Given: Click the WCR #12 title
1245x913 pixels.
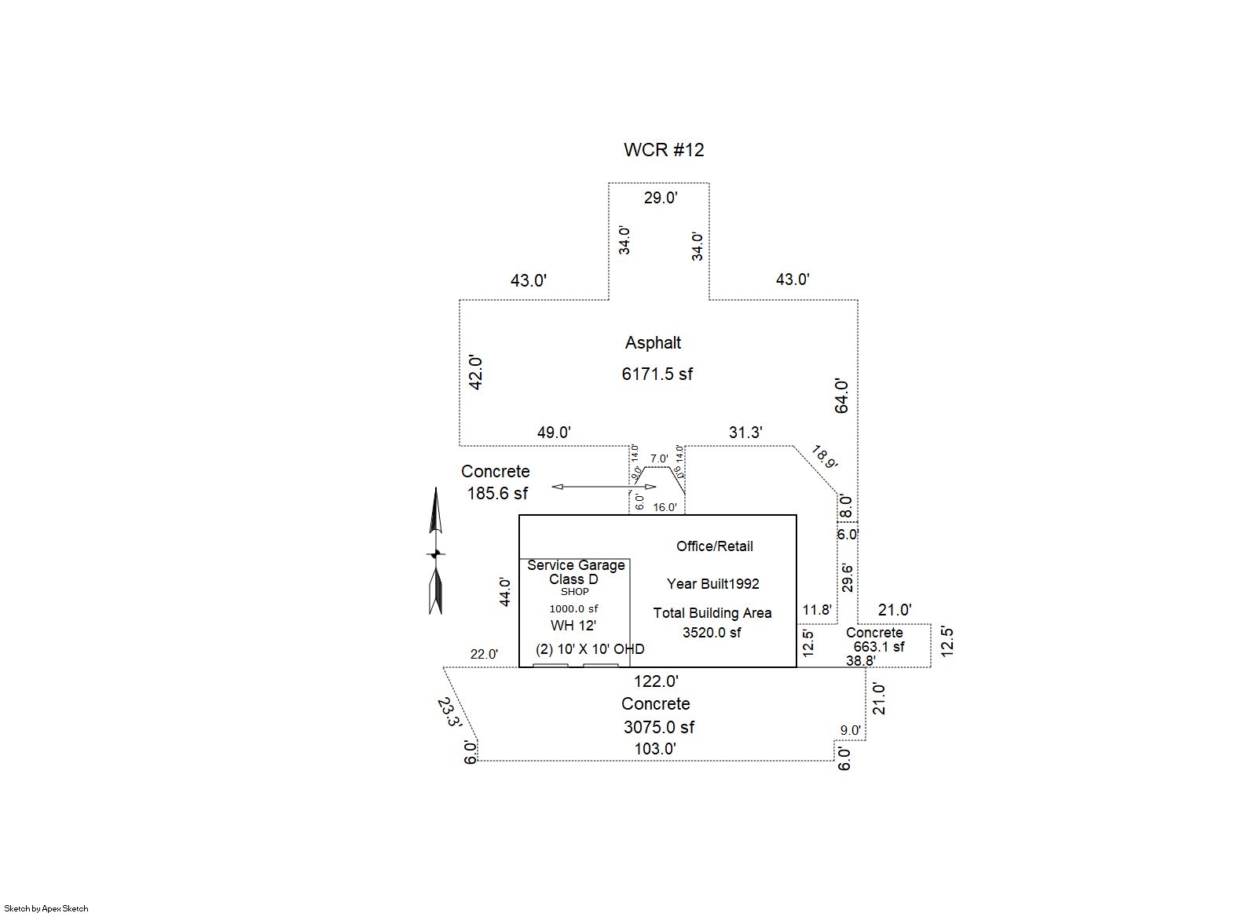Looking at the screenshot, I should [x=664, y=150].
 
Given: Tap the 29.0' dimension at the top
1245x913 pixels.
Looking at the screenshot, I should [x=661, y=198].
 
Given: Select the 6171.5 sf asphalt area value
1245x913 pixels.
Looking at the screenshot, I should [x=657, y=374].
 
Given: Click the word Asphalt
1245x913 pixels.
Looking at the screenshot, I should [x=653, y=343].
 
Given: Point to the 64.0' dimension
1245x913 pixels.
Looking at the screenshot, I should [x=841, y=396].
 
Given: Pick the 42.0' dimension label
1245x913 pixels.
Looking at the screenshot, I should [x=475, y=373].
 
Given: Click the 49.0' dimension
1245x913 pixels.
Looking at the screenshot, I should [x=554, y=433].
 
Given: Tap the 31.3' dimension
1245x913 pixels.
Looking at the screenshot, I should [x=745, y=433].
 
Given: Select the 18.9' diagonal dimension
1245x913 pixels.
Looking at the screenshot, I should [x=824, y=457].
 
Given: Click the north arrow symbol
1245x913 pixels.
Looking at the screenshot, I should [x=436, y=551].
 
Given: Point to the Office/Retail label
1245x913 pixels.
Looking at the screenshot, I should [x=714, y=546].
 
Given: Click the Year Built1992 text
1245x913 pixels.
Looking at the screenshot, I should [x=712, y=584].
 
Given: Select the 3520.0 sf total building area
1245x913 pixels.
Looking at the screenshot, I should [x=712, y=633].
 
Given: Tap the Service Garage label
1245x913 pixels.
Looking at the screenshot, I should [x=576, y=565].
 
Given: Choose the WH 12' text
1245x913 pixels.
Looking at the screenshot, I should [x=573, y=626].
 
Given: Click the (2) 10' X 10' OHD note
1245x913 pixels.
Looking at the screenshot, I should [x=590, y=649].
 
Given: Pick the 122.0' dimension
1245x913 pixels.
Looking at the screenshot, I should [x=656, y=681].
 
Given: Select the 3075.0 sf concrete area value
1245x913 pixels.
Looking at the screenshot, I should [x=658, y=728].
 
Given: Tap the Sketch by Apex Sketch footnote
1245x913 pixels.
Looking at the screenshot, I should [x=45, y=908].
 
